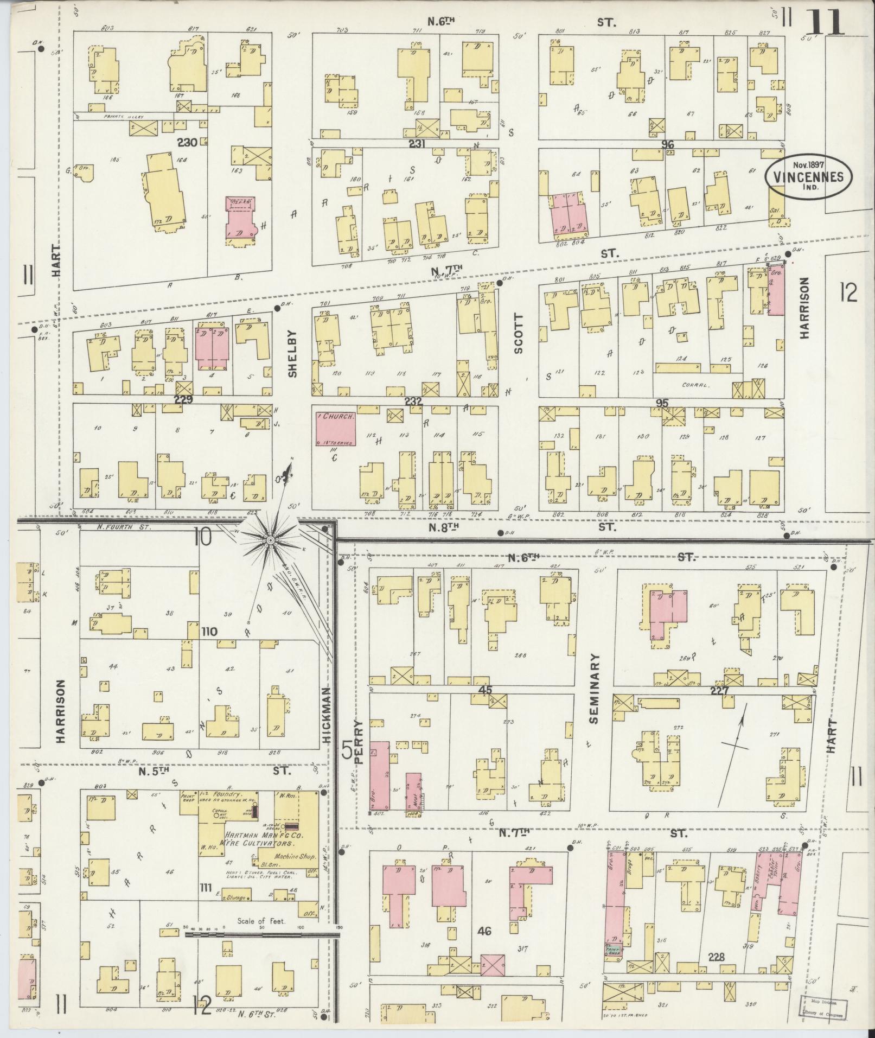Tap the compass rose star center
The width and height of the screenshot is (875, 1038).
point(270,540)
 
